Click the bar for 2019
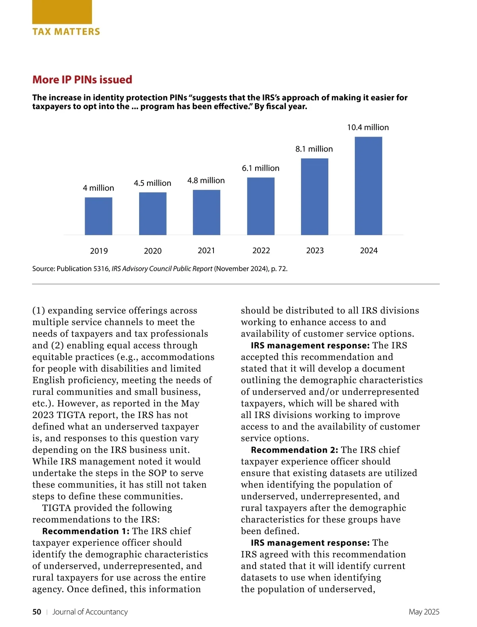coord(99,216)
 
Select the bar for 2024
coord(368,186)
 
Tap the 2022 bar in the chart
coord(261,206)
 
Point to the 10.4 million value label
coord(368,127)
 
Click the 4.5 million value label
coord(153,183)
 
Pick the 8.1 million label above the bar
coord(314,149)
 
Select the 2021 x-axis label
coord(206,250)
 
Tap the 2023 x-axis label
coord(315,250)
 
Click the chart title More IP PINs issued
coord(82,80)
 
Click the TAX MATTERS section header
coord(66,32)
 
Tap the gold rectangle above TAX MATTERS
coord(62,12)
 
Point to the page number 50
coord(37,612)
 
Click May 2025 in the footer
coord(424,612)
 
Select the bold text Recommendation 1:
coord(86,531)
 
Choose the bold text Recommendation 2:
coord(295,450)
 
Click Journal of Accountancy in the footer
coord(90,612)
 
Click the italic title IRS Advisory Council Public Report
coord(162,269)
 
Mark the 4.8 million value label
coord(206,180)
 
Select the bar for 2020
coord(153,214)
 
